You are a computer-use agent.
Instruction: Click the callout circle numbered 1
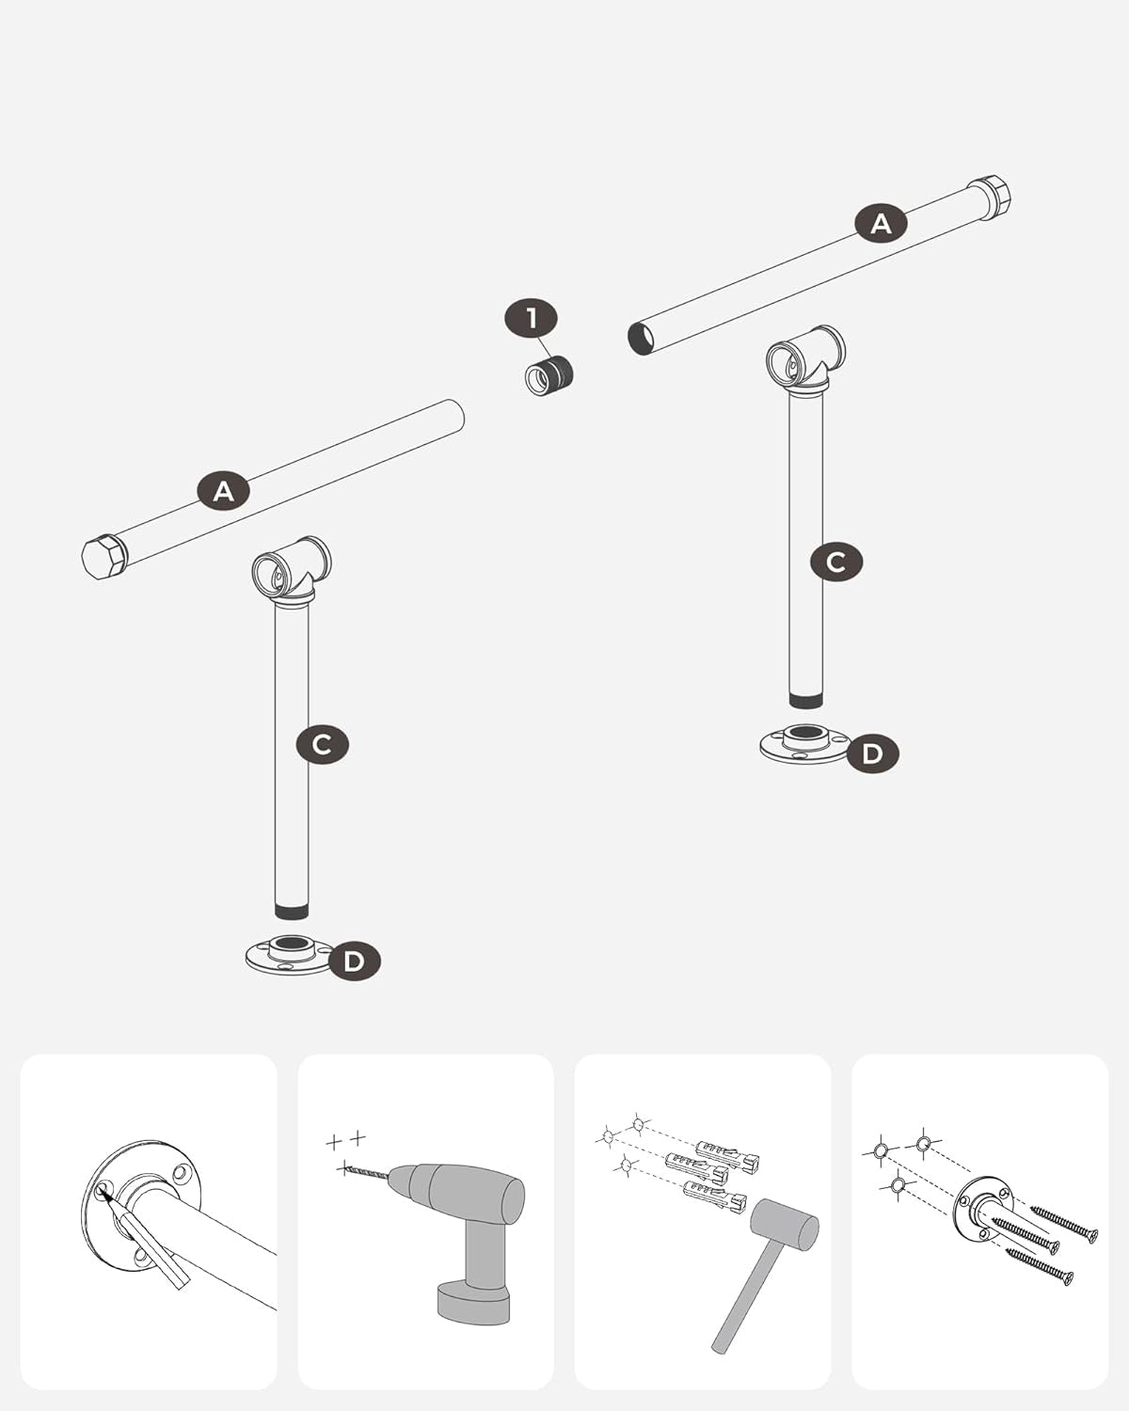[532, 319]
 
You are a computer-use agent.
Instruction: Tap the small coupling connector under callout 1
[549, 376]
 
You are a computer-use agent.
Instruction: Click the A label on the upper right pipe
[881, 224]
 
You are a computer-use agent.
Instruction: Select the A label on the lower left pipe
[224, 490]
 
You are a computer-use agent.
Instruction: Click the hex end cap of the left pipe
[102, 557]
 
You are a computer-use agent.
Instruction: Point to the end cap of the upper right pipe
[991, 198]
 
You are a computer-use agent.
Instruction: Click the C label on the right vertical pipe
[836, 562]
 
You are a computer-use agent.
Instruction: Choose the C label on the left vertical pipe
[322, 744]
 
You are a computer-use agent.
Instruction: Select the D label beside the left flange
[355, 961]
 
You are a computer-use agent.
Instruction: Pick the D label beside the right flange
[872, 753]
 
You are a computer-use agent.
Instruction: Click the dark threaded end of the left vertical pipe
[292, 912]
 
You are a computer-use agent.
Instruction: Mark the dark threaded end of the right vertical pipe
[805, 701]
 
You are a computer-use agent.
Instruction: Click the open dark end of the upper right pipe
[641, 339]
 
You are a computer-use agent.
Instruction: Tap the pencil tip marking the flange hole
[103, 1194]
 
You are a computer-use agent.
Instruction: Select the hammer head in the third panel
[785, 1225]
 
